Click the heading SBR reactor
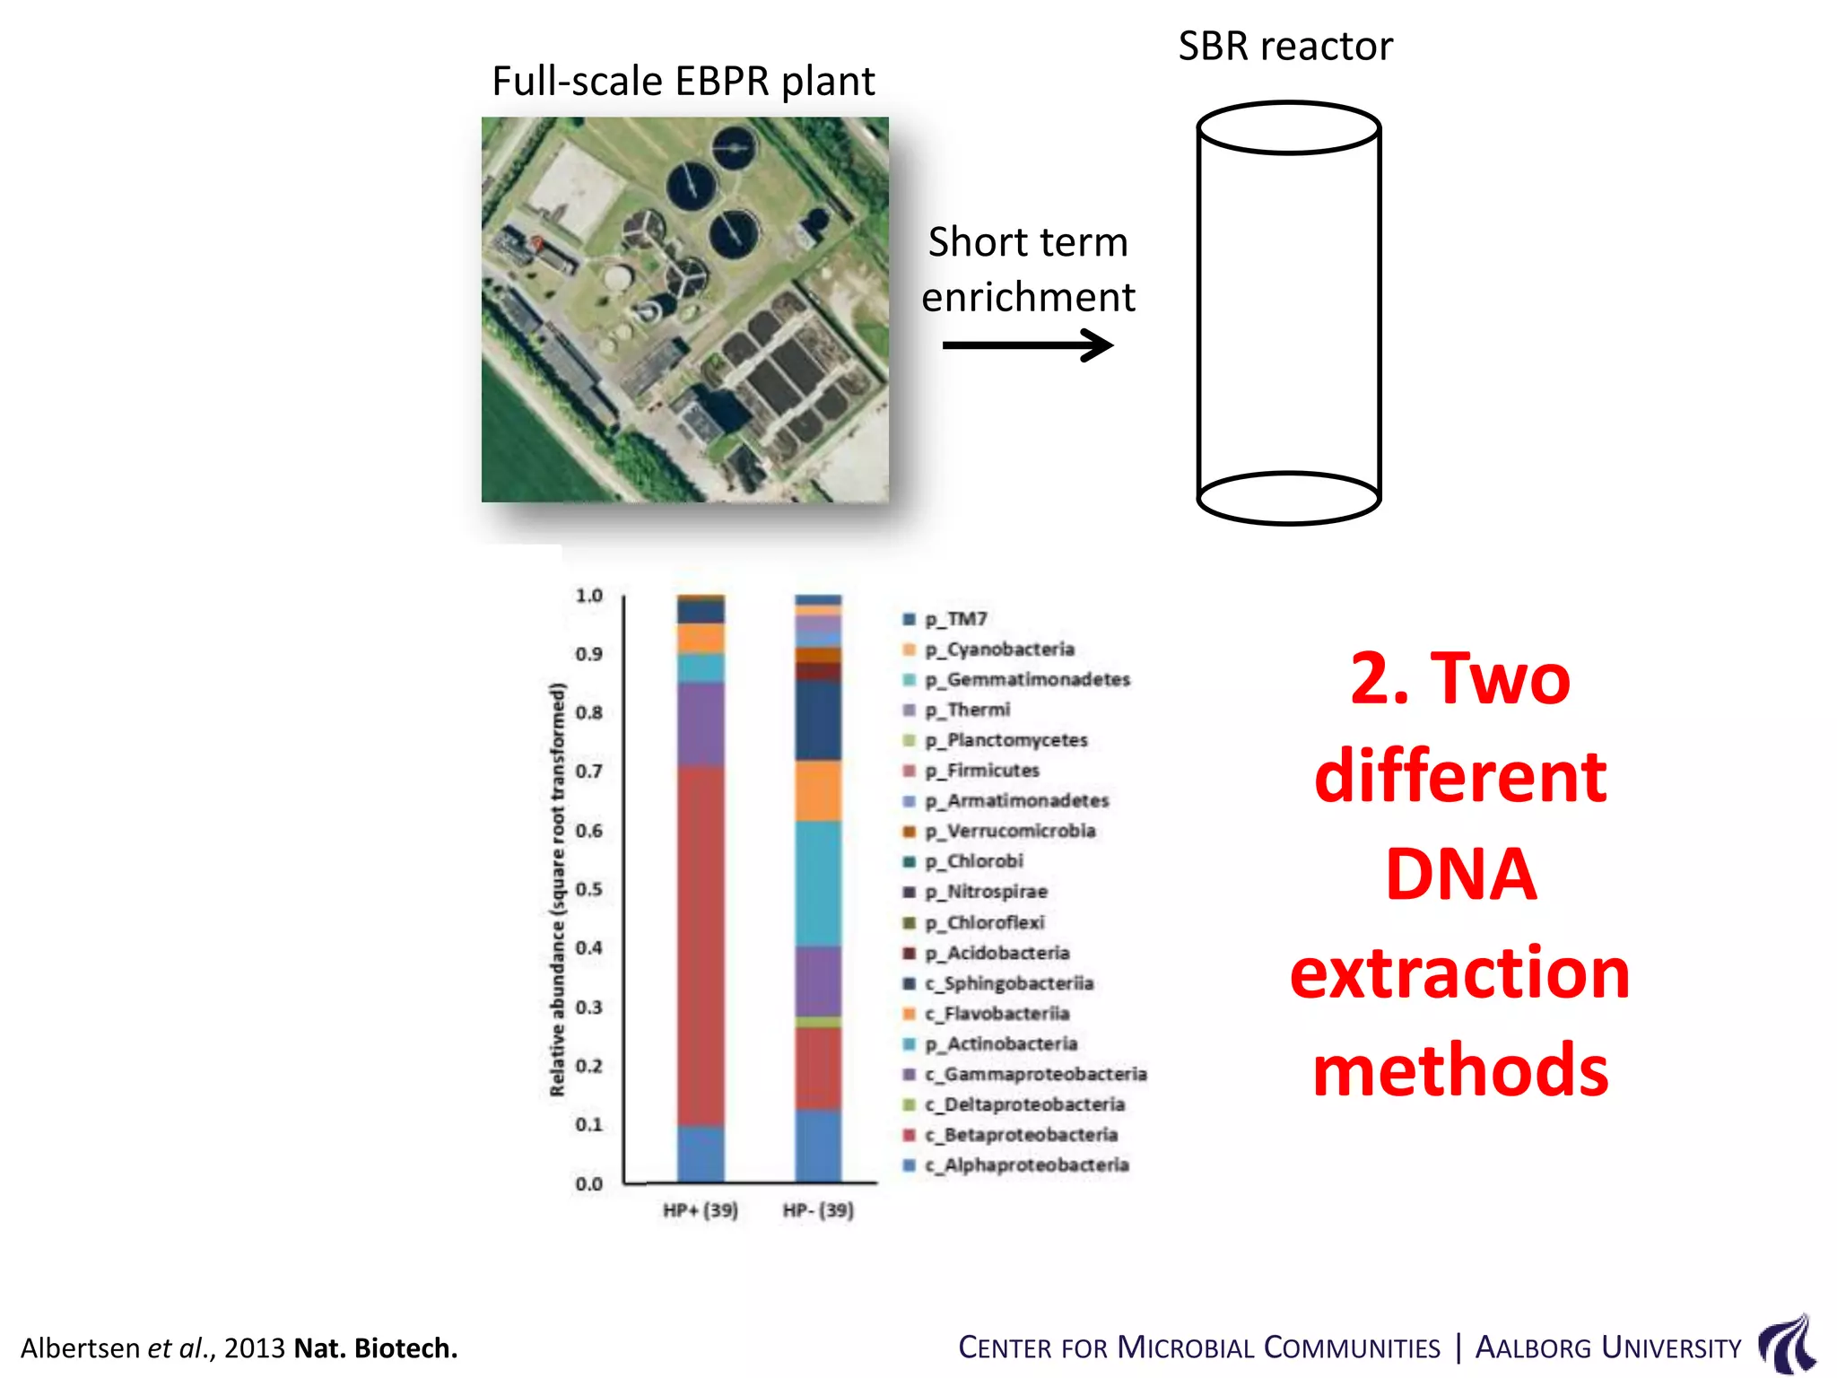(1284, 46)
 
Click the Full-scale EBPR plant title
(683, 81)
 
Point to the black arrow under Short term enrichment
(1027, 344)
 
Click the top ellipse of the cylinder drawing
(1288, 128)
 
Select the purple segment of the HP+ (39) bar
(701, 723)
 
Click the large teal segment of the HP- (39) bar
(818, 883)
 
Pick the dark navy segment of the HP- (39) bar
(818, 720)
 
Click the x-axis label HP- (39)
(818, 1210)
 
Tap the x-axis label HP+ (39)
(701, 1210)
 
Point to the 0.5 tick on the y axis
(589, 889)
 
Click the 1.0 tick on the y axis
(589, 596)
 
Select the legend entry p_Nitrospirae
(997, 892)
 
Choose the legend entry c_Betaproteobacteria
(1030, 1135)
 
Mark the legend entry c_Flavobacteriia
(1006, 1014)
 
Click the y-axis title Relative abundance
(558, 889)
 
